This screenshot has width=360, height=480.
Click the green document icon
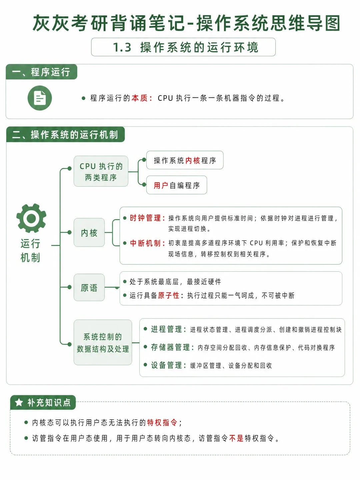40,98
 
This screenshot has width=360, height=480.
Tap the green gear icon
31,218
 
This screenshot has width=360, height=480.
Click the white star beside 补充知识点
19,402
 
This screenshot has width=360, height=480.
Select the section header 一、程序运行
41,72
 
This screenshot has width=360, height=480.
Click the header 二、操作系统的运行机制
65,134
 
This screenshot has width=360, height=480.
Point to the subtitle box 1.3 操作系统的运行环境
183,47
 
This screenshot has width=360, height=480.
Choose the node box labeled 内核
89,232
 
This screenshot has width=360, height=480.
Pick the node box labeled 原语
89,287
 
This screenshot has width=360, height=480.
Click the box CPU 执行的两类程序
101,171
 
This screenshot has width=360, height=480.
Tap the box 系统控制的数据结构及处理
103,342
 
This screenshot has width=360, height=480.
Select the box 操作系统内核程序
185,160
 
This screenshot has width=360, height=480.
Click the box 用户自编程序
177,185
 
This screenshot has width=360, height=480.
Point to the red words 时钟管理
145,218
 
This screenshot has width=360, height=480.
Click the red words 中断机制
145,243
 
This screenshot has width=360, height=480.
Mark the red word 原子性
169,295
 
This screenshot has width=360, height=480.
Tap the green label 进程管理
166,329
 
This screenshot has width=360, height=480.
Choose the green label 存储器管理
170,347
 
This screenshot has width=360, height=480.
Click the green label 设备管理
166,365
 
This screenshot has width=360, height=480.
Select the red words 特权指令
162,422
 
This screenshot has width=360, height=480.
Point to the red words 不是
236,438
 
